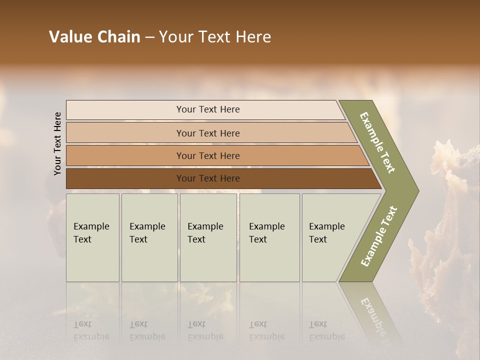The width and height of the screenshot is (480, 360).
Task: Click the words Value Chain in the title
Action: click(x=94, y=37)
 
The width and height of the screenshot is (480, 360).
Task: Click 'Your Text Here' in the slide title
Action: click(x=215, y=37)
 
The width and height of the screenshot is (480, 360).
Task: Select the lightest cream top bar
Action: click(x=125, y=110)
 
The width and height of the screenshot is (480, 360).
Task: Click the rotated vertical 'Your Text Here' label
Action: click(x=57, y=143)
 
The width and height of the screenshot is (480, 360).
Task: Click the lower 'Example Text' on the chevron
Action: click(x=378, y=236)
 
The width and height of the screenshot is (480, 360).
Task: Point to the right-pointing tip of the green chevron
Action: click(x=417, y=190)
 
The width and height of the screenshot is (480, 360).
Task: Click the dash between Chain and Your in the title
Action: click(x=149, y=37)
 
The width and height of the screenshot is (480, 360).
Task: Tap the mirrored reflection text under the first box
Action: click(x=91, y=330)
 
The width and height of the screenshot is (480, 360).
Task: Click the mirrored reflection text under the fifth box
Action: click(x=326, y=330)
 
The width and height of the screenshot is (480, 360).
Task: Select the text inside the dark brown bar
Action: click(x=208, y=178)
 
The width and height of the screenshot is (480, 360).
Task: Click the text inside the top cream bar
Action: click(x=208, y=109)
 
